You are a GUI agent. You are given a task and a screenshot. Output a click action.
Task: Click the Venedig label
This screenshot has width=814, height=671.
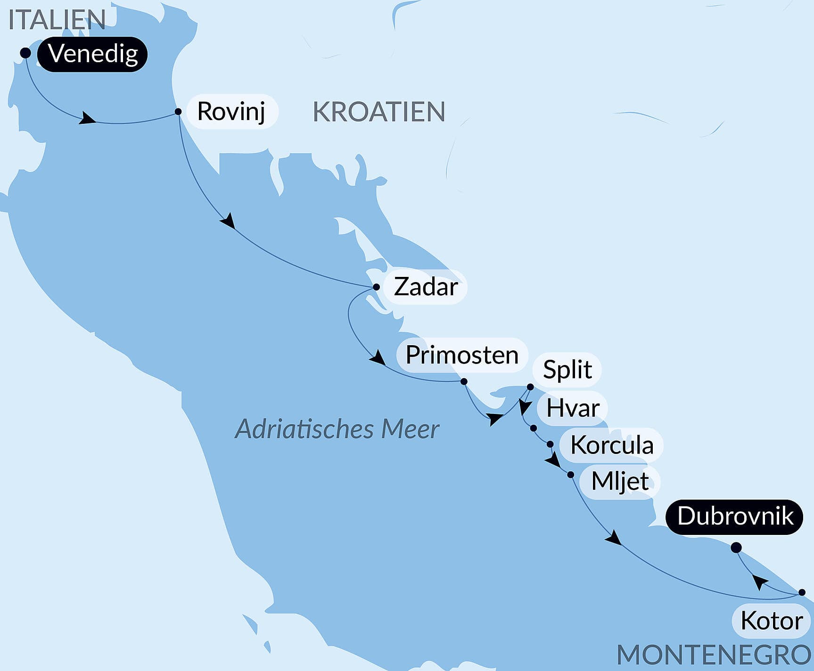tap(92, 54)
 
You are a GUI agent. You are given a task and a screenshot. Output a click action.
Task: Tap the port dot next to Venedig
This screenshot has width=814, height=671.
tap(25, 53)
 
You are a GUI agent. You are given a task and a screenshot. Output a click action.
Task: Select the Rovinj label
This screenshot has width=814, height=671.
tap(231, 112)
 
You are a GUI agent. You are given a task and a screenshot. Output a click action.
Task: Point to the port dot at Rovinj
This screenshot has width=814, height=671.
tap(178, 112)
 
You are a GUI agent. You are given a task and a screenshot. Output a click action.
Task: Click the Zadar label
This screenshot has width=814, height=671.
tap(426, 287)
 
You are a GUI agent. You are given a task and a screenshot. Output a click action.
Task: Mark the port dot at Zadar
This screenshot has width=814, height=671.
tap(376, 287)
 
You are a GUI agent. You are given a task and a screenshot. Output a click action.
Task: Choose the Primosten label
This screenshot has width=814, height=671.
tap(461, 355)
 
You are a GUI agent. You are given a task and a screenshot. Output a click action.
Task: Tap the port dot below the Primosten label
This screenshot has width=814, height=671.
tap(464, 381)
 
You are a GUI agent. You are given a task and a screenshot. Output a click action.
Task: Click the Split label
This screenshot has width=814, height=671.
tap(567, 369)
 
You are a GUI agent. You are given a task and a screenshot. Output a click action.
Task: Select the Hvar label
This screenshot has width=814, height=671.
tap(573, 408)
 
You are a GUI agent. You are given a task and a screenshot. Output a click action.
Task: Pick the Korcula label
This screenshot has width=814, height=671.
tap(611, 445)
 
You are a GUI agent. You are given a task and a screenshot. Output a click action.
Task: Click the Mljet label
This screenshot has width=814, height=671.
tap(620, 481)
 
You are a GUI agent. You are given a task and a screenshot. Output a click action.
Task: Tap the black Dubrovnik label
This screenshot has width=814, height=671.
tap(734, 517)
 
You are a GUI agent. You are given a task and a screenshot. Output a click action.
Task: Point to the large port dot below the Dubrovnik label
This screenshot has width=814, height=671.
tap(736, 548)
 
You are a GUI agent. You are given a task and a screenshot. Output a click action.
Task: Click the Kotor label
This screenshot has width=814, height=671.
tap(771, 621)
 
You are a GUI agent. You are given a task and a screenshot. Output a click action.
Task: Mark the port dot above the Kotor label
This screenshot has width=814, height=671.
tap(802, 592)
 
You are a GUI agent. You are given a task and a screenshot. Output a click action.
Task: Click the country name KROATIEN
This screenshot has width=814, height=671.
tap(379, 112)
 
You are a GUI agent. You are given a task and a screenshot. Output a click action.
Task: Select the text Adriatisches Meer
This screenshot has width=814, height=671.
tap(337, 429)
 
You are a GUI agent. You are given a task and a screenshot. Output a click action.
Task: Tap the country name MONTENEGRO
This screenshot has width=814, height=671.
tap(715, 655)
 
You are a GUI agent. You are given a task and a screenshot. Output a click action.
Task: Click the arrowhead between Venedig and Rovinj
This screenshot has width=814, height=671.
tap(86, 118)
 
